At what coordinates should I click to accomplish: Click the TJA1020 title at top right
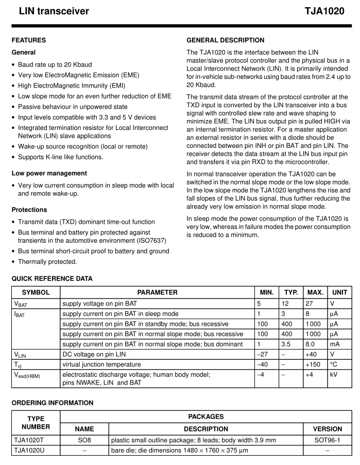pos(324,11)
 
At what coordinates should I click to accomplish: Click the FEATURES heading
pos(28,40)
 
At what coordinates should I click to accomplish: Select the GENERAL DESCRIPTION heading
pos(225,40)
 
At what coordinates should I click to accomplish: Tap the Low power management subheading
pos(49,173)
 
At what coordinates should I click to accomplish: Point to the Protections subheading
pos(29,210)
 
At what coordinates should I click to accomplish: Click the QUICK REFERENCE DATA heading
pos(52,279)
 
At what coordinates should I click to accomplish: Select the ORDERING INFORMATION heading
pos(53,403)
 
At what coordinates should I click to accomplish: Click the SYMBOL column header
pos(36,292)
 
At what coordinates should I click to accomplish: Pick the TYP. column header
pos(291,292)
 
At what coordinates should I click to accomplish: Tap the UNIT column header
pos(340,292)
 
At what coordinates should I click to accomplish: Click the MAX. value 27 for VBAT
pos(310,304)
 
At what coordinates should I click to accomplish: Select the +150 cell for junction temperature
pos(313,365)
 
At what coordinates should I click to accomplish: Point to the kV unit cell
pos(334,375)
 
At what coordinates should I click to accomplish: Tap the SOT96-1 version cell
pos(327,440)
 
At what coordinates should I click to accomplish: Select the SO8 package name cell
pos(84,440)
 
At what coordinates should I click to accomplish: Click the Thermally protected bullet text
pos(47,261)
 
